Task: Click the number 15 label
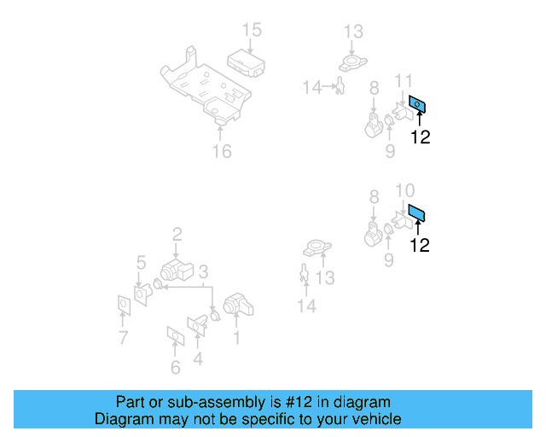251,31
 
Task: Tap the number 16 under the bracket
221,152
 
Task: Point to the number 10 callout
405,189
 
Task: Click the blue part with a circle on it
417,106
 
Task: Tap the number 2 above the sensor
177,233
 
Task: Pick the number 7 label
123,339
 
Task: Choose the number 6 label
176,368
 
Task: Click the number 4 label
198,359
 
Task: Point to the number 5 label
141,262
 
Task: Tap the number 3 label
203,271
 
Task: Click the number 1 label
236,339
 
